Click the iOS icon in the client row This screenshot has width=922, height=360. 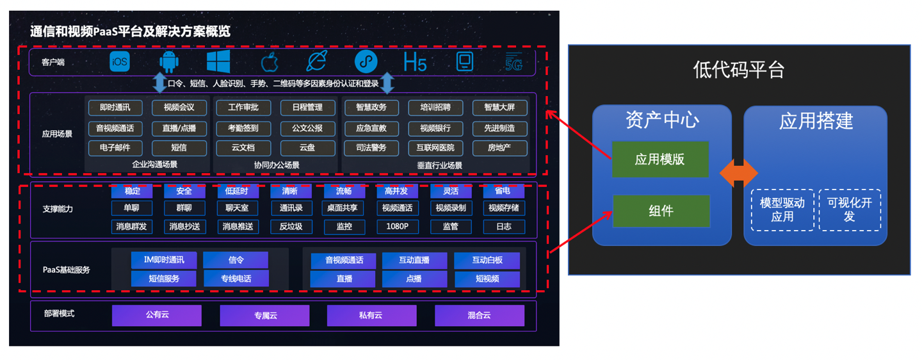click(x=120, y=61)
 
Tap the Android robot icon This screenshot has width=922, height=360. click(x=169, y=61)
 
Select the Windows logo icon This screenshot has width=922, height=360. click(x=218, y=61)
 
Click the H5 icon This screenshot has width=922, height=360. click(x=415, y=62)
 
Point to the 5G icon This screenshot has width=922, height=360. click(x=514, y=62)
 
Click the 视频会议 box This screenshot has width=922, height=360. click(x=179, y=108)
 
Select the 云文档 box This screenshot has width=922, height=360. click(x=243, y=148)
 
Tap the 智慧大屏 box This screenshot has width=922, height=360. click(x=499, y=108)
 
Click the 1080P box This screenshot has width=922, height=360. click(x=397, y=226)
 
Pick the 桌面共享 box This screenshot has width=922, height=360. click(x=343, y=208)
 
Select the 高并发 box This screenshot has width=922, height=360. click(x=397, y=191)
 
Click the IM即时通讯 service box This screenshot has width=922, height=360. click(x=164, y=260)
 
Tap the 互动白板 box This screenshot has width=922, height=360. click(x=487, y=261)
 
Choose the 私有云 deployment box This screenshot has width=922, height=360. click(x=371, y=315)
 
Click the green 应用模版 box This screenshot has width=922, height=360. click(x=660, y=160)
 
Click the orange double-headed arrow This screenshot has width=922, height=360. click(x=738, y=173)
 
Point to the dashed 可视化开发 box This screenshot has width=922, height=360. click(x=850, y=209)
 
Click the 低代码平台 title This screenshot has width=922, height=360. click(x=739, y=70)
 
